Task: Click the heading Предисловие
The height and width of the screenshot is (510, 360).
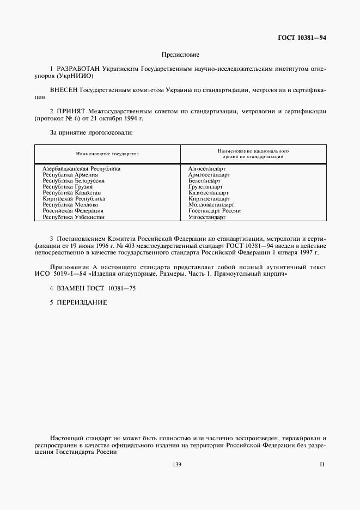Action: [180, 55]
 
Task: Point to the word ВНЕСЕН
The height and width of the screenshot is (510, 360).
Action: [64, 88]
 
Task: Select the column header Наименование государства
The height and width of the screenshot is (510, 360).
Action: [107, 154]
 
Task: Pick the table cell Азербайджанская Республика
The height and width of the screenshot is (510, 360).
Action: [82, 169]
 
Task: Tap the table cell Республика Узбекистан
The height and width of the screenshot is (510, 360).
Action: [74, 217]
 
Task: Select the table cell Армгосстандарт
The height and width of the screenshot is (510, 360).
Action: [209, 175]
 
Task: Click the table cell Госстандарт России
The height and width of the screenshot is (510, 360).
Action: [215, 211]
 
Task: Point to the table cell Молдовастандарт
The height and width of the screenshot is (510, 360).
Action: [211, 205]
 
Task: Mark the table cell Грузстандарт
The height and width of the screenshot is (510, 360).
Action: [205, 187]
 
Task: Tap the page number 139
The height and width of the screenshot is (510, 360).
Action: [176, 464]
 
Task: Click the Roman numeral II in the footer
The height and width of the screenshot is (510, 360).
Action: [321, 464]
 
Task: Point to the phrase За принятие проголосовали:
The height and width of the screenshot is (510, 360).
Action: [91, 132]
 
